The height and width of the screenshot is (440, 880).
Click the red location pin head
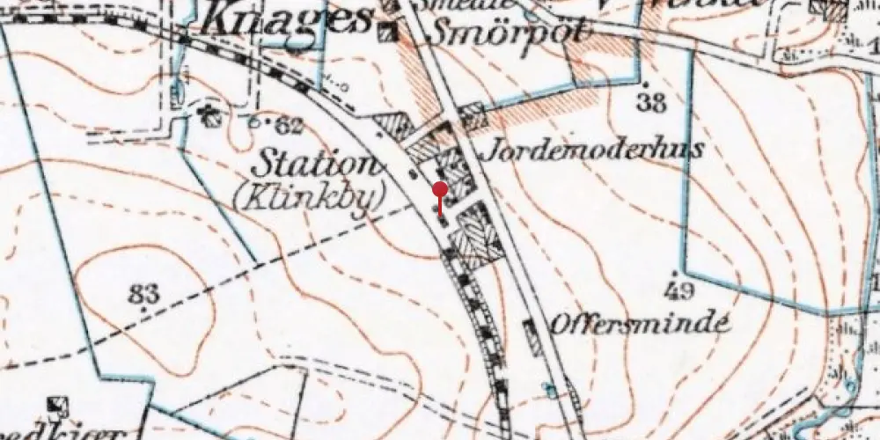(x=441, y=188)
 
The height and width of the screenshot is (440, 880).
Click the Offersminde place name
(x=641, y=323)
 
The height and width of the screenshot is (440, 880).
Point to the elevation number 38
(x=651, y=104)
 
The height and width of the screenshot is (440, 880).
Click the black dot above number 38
(x=647, y=84)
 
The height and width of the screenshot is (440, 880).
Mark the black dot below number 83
(x=142, y=310)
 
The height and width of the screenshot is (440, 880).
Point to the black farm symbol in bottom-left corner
(x=60, y=407)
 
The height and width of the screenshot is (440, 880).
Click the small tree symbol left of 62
(x=209, y=114)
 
